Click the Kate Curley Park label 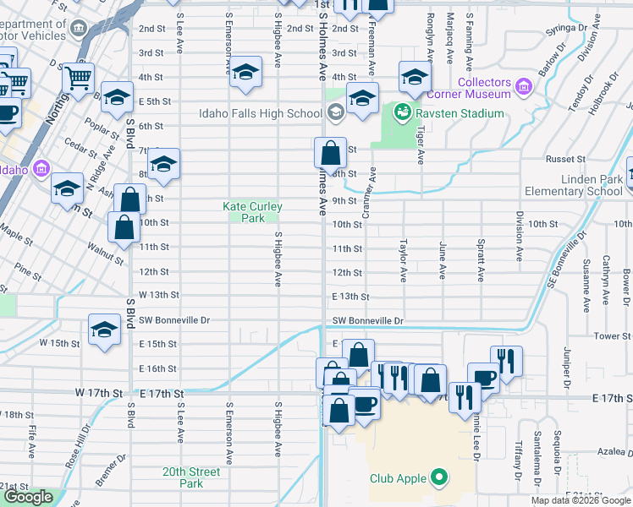(x=252, y=212)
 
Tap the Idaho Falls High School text (x=261, y=113)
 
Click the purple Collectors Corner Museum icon (x=523, y=84)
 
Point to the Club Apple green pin (x=438, y=478)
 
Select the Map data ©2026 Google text (x=581, y=500)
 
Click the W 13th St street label (x=159, y=295)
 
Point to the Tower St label (x=613, y=335)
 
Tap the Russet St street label (x=565, y=159)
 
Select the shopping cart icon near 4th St (x=79, y=79)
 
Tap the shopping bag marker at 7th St (x=330, y=154)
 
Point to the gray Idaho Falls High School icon (x=335, y=113)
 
